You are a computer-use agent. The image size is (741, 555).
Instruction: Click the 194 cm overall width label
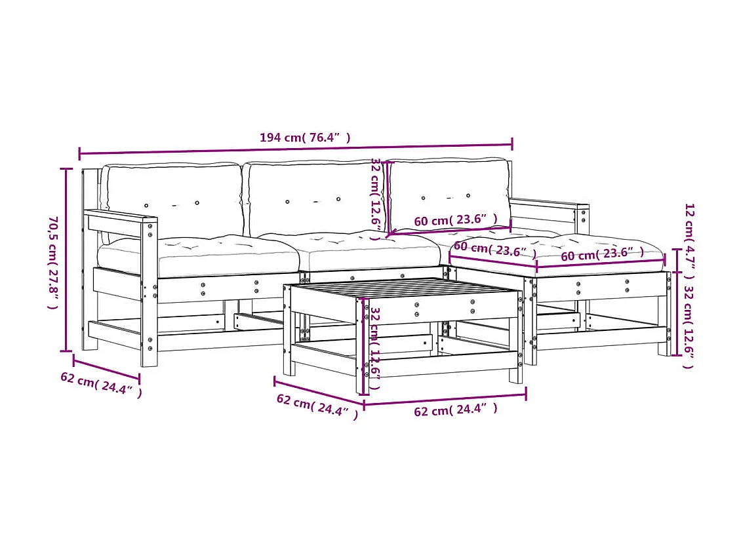(x=305, y=138)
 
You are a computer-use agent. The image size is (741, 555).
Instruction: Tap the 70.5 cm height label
(x=52, y=261)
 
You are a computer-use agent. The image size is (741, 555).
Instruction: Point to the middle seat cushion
(x=367, y=250)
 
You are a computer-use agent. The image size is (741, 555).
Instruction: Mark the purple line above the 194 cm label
(x=295, y=149)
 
